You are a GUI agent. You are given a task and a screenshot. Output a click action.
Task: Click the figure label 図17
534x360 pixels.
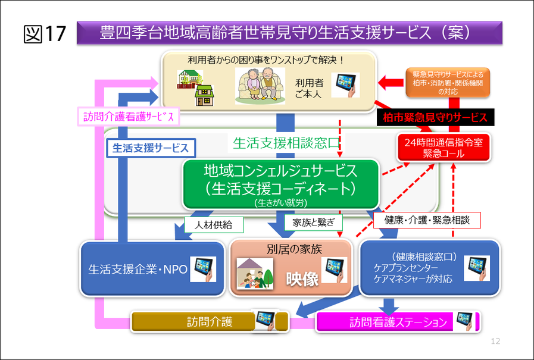click(x=45, y=34)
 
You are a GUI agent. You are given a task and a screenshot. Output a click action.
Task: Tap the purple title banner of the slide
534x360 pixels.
click(x=289, y=33)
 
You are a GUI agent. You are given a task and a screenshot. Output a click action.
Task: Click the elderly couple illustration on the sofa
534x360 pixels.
click(x=260, y=86)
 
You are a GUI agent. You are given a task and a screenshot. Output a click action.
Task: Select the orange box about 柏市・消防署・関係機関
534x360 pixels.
click(x=448, y=83)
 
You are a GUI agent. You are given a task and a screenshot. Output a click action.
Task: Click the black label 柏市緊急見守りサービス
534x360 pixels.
click(x=435, y=117)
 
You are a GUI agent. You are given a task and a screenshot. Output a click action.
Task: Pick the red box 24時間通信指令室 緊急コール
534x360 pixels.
click(x=444, y=148)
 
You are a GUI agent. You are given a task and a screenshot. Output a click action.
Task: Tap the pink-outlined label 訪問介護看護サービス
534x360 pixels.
click(x=129, y=117)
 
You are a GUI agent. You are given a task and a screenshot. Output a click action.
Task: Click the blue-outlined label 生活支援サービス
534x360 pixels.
click(x=151, y=148)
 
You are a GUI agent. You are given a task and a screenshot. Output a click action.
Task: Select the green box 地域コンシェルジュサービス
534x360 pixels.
click(x=280, y=184)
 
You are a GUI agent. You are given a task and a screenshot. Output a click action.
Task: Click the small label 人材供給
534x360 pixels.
click(x=214, y=225)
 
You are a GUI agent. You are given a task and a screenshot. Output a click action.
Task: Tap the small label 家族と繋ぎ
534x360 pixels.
click(x=313, y=222)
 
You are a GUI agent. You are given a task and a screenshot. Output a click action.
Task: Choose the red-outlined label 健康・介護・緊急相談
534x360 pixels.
click(x=427, y=220)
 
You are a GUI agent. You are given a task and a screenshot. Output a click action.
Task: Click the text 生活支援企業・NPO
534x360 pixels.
click(x=138, y=270)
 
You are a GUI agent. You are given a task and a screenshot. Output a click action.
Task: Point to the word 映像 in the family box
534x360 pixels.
click(x=302, y=279)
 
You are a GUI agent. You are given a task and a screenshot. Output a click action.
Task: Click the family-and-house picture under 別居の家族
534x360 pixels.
click(x=255, y=274)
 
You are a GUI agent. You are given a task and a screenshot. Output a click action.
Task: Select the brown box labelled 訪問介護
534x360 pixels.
click(x=210, y=321)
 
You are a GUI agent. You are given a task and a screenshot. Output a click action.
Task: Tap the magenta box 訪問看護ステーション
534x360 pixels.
click(x=398, y=322)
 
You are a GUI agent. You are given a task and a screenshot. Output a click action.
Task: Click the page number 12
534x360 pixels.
click(x=495, y=341)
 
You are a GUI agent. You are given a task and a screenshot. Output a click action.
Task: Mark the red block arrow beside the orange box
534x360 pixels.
click(x=391, y=83)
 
